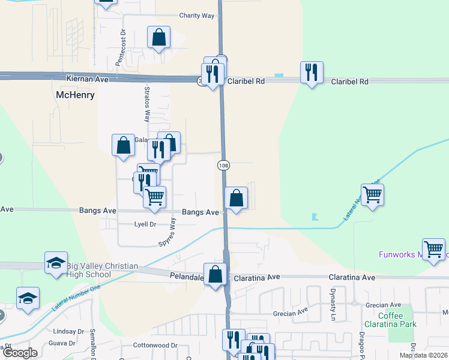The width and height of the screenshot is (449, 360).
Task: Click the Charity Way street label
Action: (x=197, y=16)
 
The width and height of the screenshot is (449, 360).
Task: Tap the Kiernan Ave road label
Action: (x=87, y=79)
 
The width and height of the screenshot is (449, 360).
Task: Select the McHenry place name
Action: (x=75, y=95)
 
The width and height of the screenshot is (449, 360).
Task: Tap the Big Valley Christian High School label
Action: (x=102, y=271)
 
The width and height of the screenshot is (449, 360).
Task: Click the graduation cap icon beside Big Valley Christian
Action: (x=56, y=263)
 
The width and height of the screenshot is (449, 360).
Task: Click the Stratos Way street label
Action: (x=146, y=104)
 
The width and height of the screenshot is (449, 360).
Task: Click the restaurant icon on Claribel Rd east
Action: (x=312, y=72)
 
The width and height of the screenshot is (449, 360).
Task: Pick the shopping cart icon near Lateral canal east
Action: (x=372, y=194)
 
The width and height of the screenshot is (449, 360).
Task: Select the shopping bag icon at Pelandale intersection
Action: (x=215, y=274)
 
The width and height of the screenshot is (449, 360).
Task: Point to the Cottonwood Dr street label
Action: (x=155, y=345)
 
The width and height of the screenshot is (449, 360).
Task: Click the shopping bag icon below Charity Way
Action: (x=158, y=37)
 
